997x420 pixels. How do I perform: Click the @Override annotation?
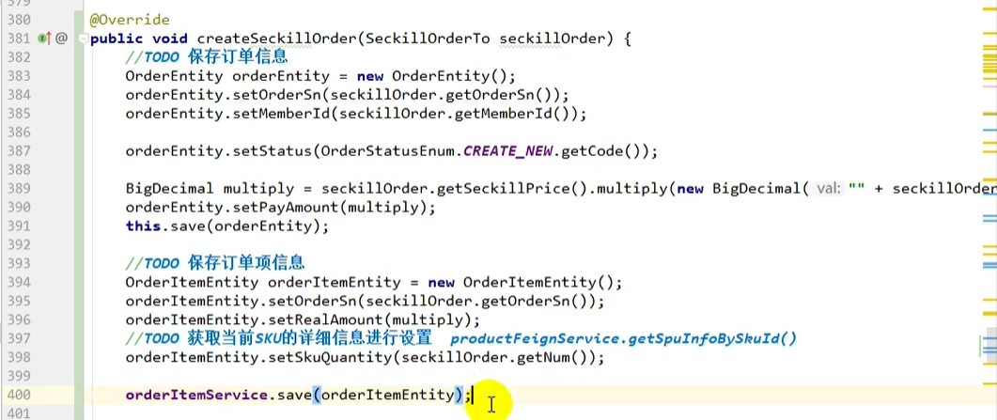pos(130,20)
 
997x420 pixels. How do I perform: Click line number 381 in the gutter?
pos(18,39)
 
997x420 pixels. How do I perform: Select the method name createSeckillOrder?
pos(274,39)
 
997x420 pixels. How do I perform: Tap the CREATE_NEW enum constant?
pos(508,151)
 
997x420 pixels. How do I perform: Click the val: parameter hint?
pos(828,189)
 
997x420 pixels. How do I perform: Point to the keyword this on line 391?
pos(144,226)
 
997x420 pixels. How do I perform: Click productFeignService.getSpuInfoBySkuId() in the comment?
pos(623,338)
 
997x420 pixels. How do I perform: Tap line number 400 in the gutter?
pos(18,396)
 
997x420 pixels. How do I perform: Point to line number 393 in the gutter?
pos(18,264)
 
